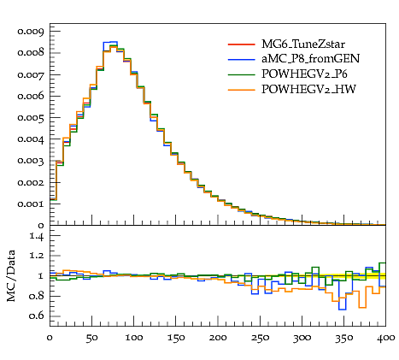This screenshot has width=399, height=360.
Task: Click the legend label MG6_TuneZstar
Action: point(303,44)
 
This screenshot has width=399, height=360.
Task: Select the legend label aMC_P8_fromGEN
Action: point(310,59)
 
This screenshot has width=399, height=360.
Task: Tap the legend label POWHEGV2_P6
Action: point(304,74)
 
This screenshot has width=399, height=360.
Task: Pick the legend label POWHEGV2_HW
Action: point(308,90)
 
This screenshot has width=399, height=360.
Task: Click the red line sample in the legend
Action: point(241,44)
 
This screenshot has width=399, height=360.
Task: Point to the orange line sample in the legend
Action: point(241,90)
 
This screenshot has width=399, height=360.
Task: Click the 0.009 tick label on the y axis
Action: point(31,31)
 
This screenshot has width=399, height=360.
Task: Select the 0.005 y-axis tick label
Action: point(31,118)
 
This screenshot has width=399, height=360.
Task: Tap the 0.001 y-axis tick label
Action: point(31,204)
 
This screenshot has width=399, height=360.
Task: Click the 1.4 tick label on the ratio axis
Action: point(37,236)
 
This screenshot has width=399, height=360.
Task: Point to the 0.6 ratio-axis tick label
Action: point(37,316)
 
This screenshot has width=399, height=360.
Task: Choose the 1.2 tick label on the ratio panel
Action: point(37,256)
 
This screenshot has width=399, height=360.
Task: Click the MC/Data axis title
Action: point(11,276)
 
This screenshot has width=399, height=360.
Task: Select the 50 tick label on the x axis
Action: point(91,338)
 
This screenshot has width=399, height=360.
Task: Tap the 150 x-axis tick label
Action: point(176,338)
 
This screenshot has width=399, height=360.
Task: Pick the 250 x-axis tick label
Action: point(260,338)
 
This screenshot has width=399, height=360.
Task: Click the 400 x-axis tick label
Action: point(385,338)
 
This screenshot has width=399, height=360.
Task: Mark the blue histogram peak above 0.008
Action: point(110,42)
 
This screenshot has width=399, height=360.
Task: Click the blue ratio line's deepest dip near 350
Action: point(342,310)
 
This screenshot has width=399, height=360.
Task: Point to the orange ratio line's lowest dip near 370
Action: point(362,308)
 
